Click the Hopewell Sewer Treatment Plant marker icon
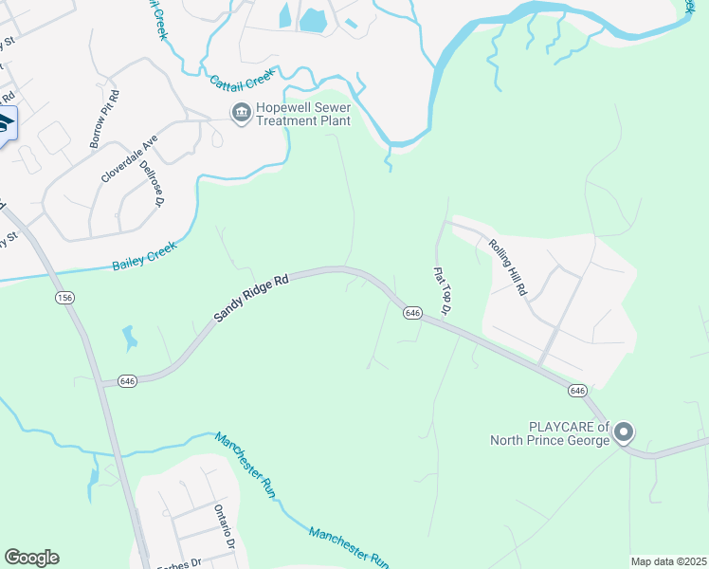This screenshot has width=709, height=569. [x=241, y=113]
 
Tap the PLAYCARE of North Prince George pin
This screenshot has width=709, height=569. [x=623, y=433]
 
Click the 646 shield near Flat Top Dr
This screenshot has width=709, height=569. [x=411, y=312]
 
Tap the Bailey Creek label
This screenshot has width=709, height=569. [x=145, y=251]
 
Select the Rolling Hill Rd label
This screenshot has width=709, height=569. [x=507, y=267]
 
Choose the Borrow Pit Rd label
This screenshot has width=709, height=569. [x=104, y=119]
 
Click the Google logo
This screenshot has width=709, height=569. [x=31, y=558]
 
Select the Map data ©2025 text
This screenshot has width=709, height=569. [x=668, y=561]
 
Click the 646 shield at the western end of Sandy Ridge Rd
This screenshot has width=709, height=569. [x=128, y=380]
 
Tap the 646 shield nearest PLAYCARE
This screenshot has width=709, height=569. [x=577, y=391]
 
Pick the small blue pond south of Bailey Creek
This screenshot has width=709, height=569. [x=129, y=337]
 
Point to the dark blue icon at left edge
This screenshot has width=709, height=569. [x=6, y=123]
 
